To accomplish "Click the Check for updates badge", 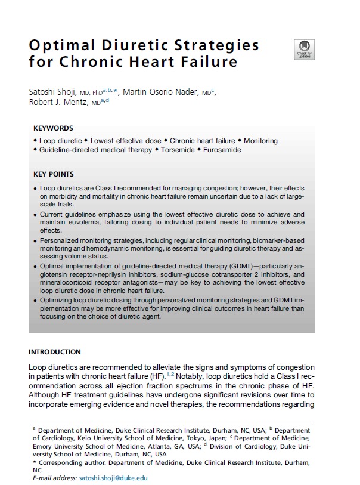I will click(x=305, y=49).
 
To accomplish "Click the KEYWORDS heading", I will click(x=53, y=128).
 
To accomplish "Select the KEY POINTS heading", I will click(x=54, y=174).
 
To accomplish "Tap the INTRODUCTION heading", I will click(x=55, y=352).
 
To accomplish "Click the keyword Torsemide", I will click(x=176, y=150).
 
